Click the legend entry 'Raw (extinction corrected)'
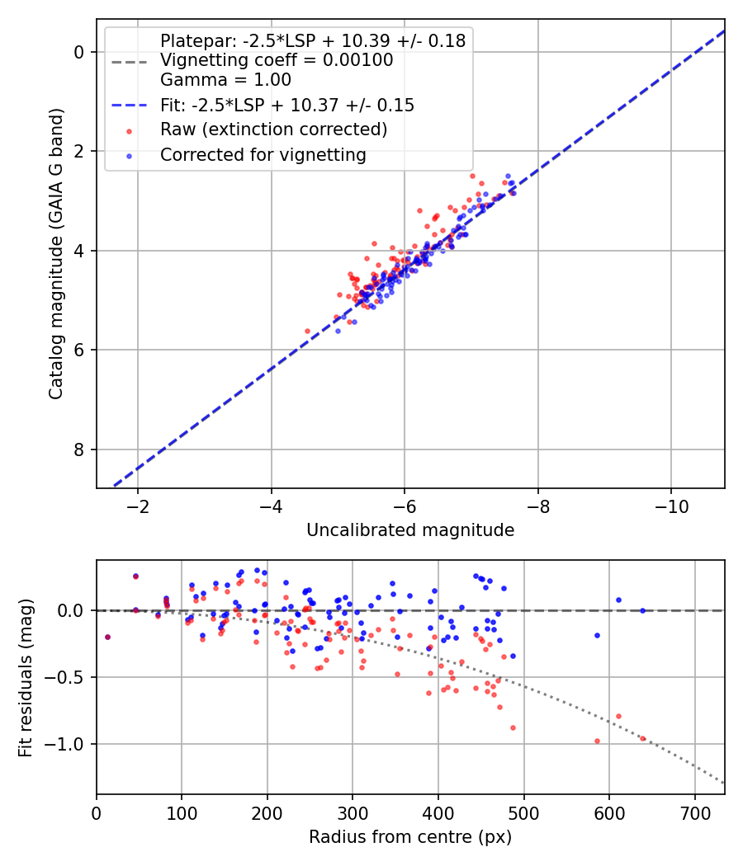click(x=273, y=129)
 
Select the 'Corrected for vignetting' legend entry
click(x=263, y=154)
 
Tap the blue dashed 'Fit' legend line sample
click(x=129, y=106)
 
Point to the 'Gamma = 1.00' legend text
click(x=225, y=81)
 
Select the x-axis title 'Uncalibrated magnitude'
click(x=410, y=530)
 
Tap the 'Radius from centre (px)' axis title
click(x=410, y=837)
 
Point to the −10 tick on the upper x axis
click(x=670, y=505)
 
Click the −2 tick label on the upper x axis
click(x=137, y=505)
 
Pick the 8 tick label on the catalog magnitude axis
click(x=80, y=449)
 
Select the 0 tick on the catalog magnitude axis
click(x=80, y=52)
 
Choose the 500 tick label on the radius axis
click(x=523, y=812)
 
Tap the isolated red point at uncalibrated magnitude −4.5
click(x=308, y=331)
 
